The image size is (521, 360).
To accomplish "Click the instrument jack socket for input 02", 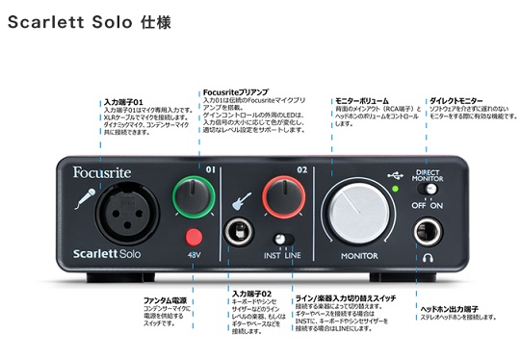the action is tap(236, 232).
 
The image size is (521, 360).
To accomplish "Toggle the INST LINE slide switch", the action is tap(283, 238).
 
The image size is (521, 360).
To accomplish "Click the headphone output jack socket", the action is tap(428, 231).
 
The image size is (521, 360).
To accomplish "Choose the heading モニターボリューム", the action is tap(361, 100).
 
